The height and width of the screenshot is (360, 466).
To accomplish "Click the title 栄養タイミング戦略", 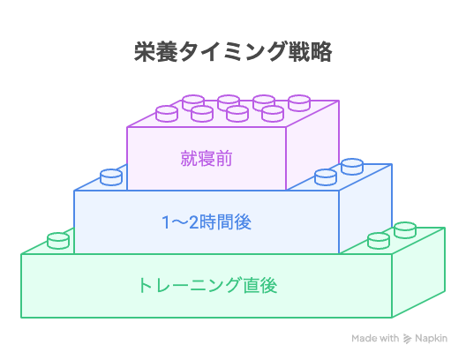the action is coord(233,52).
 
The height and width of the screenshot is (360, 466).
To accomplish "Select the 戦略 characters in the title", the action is coord(311,52).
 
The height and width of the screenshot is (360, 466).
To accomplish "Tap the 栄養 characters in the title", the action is coord(156,52).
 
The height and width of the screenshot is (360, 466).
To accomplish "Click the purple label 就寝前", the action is coord(207,159).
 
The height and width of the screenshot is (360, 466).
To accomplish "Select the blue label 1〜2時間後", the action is coord(207,222).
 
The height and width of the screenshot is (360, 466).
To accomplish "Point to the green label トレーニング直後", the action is coord(207,286).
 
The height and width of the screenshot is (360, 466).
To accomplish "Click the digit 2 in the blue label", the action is coord(193,222).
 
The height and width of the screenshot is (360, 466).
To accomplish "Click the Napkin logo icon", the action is coord(407,338).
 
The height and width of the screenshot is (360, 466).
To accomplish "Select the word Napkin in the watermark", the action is coord(431,338).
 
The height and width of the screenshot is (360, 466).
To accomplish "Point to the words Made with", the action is coord(375,338).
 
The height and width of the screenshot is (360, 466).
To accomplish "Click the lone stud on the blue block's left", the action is coord(111,177).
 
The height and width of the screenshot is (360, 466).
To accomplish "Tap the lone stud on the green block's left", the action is coord(58,241).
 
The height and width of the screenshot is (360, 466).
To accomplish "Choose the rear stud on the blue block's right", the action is coord(352,167).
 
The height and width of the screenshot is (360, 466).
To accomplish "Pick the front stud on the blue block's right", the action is coord(326,177).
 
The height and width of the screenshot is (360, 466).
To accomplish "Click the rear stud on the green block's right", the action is coord(405,230).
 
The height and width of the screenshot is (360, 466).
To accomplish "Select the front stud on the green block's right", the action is coord(379,241).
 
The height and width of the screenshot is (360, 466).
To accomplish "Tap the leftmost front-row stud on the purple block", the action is coord(167,114).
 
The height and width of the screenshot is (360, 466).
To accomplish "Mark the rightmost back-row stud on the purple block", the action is coord(299,103).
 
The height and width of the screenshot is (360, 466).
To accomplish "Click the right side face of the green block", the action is coord(418,273).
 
